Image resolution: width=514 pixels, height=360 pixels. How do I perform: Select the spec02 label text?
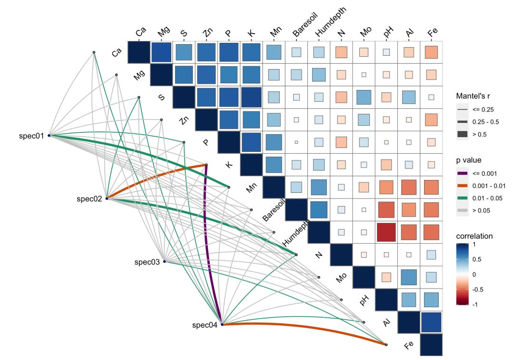point(89,199)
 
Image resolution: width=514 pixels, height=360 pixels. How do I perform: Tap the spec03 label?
point(147,262)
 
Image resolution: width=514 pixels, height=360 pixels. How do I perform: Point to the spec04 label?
point(205,325)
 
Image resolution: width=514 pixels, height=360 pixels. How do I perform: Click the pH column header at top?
point(388,33)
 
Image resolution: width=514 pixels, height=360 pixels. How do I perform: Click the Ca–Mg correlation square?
point(161,52)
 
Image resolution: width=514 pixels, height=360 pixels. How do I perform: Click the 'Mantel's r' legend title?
point(476,96)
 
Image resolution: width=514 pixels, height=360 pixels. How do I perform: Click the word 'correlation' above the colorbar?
point(474,236)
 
